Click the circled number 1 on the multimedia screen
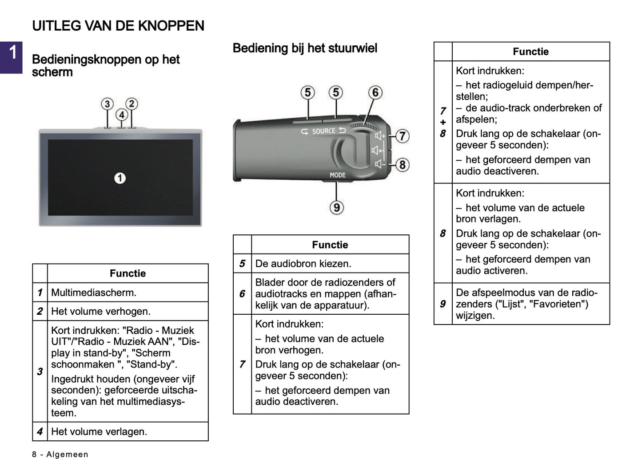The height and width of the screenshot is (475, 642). pos(120,178)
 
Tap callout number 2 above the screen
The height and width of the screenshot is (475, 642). pos(132,104)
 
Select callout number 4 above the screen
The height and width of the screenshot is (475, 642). pos(121,115)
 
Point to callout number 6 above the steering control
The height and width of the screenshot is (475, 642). pos(375,92)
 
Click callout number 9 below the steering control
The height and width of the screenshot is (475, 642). pos(336,207)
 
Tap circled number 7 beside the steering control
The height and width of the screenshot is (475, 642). pos(402,136)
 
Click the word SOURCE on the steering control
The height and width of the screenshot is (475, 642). pos(323,131)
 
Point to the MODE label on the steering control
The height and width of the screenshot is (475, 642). pos(337,175)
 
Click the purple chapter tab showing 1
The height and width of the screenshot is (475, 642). pos(11,57)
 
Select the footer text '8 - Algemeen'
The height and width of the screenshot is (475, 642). pos(60,455)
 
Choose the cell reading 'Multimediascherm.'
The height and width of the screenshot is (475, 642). pos(94,293)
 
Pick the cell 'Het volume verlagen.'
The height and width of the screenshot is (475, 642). pos(99,431)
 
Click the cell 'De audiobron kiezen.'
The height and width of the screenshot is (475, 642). pos(303,264)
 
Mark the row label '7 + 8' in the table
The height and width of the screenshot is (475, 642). pos(443,122)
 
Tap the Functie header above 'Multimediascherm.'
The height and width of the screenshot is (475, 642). pos(128,273)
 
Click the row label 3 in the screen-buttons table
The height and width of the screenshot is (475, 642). pos(40,372)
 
